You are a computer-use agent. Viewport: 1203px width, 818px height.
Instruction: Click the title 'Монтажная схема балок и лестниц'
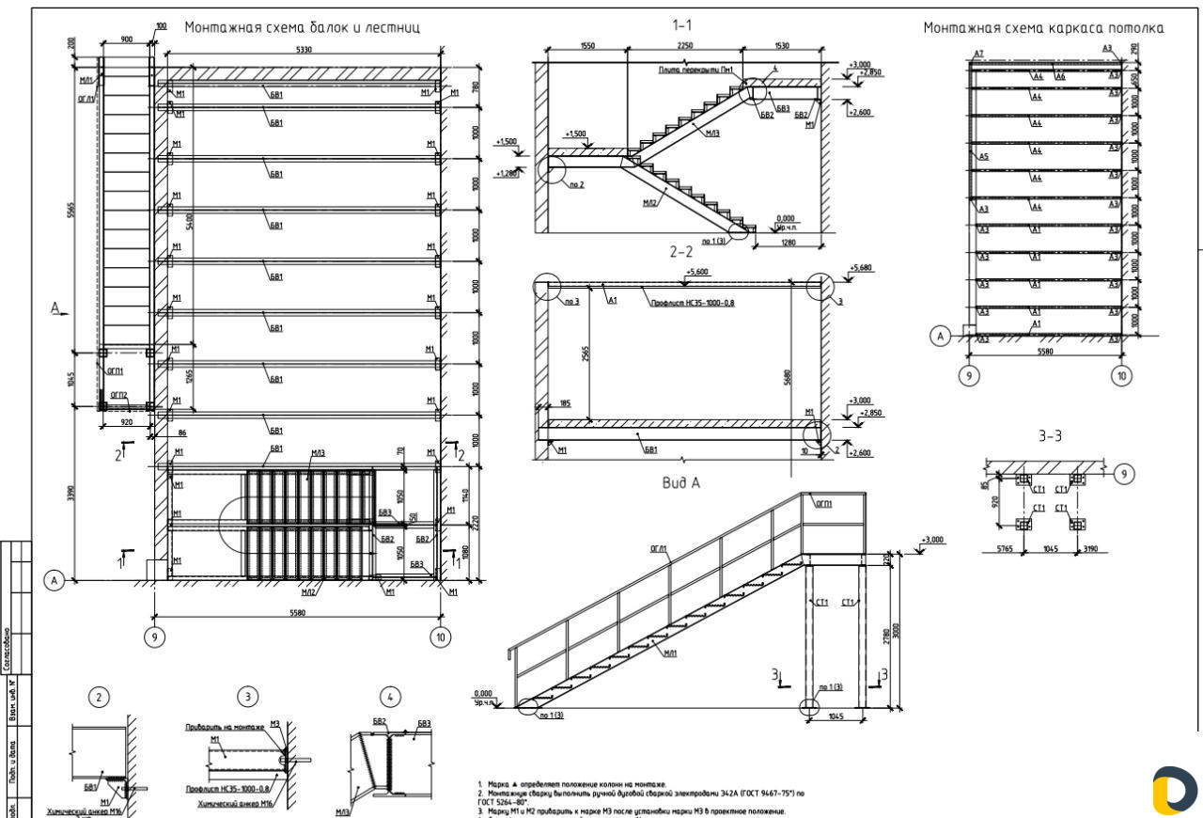[x=302, y=27]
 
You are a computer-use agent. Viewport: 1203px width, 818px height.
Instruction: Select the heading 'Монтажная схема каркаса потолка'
[x=1043, y=28]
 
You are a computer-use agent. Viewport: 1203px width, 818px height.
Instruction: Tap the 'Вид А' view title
[x=681, y=483]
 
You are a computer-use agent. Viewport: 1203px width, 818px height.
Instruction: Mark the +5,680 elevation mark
[x=860, y=268]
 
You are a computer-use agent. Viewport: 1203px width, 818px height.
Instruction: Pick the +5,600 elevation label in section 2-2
[x=696, y=272]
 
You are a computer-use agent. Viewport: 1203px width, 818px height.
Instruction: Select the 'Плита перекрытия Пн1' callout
[x=695, y=70]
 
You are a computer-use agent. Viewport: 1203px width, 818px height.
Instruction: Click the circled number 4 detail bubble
[x=390, y=697]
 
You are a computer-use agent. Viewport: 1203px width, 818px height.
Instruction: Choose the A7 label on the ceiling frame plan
[x=978, y=55]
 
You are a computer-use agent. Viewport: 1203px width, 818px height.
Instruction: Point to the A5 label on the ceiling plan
[x=983, y=156]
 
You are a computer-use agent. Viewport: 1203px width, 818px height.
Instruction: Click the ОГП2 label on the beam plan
[x=119, y=395]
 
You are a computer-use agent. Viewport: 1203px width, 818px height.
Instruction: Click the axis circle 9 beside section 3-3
[x=1122, y=474]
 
